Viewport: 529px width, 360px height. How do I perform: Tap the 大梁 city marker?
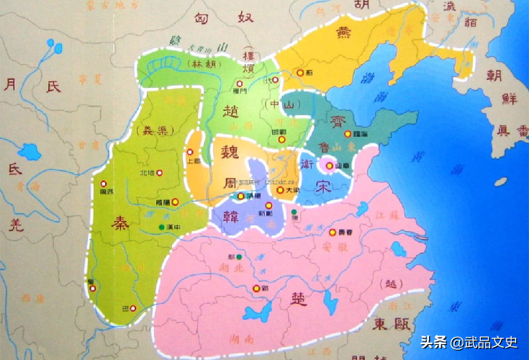[280, 190]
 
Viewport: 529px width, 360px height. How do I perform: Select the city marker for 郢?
[255, 289]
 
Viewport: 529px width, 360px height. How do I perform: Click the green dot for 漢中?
[161, 228]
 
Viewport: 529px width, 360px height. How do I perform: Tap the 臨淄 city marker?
[348, 133]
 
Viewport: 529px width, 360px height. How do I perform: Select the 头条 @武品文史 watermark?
[469, 343]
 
